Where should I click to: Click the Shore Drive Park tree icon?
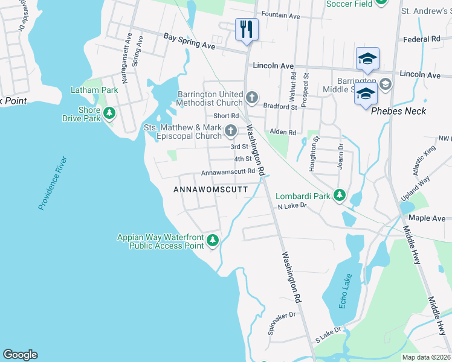point(109,113)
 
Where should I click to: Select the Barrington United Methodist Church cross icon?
point(252,97)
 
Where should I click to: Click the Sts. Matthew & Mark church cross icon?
point(230,131)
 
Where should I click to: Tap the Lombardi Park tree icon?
point(340,195)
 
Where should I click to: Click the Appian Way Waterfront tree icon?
point(212,241)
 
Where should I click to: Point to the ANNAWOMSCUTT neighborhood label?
point(211,189)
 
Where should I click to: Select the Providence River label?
point(52,183)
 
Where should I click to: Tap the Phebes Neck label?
point(398,111)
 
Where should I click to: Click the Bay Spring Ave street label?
point(189,42)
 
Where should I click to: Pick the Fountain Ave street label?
point(281,16)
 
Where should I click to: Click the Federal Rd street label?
point(421,39)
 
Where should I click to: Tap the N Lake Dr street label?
point(292,206)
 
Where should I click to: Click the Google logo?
point(20,355)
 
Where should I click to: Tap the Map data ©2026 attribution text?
point(425,357)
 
